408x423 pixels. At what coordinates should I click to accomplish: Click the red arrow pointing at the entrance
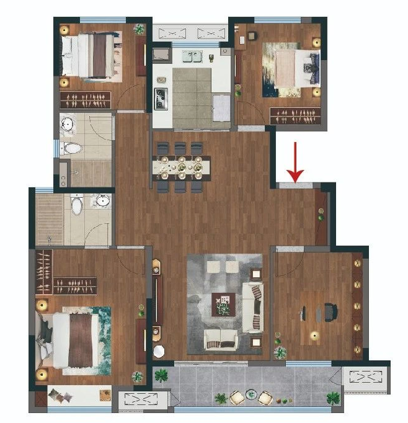(x=296, y=163)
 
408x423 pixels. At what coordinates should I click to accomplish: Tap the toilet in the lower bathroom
(x=77, y=205)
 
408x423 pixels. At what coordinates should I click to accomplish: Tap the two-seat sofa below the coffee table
(x=221, y=339)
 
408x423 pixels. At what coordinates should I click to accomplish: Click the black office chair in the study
(x=329, y=312)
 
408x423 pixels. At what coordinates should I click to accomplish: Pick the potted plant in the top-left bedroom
(x=140, y=29)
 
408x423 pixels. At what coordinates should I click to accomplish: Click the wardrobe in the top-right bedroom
(x=296, y=115)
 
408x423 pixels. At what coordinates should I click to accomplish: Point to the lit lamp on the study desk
(x=314, y=336)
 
